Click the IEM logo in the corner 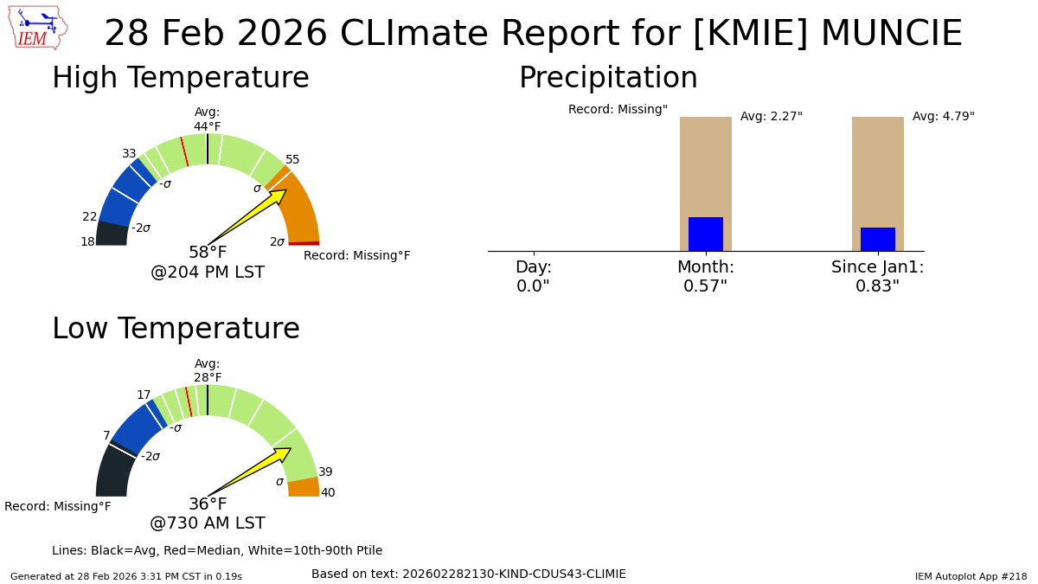pyautogui.click(x=37, y=28)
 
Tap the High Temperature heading pyautogui.click(x=180, y=79)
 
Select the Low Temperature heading pyautogui.click(x=176, y=330)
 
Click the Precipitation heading pyautogui.click(x=608, y=79)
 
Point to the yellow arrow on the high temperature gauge pyautogui.click(x=251, y=215)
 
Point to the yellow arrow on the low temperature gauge pyautogui.click(x=253, y=470)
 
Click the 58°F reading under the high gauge pyautogui.click(x=208, y=253)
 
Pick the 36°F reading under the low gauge pyautogui.click(x=208, y=504)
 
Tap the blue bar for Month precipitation pyautogui.click(x=706, y=234)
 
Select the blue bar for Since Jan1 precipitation pyautogui.click(x=878, y=240)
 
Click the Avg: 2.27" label pyautogui.click(x=772, y=117)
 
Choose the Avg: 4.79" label pyautogui.click(x=944, y=117)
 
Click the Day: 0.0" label pyautogui.click(x=533, y=277)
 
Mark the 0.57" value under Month pyautogui.click(x=706, y=286)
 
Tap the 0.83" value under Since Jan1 pyautogui.click(x=878, y=286)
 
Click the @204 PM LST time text pyautogui.click(x=208, y=273)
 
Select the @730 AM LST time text pyautogui.click(x=208, y=524)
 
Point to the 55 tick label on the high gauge pyautogui.click(x=292, y=160)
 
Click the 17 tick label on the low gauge pyautogui.click(x=144, y=395)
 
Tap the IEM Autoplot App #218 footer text pyautogui.click(x=971, y=576)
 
